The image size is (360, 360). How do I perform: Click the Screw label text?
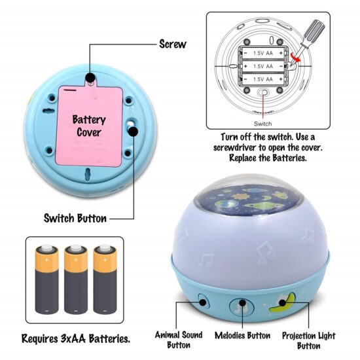point(173,44)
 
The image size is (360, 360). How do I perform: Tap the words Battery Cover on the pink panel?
point(89,126)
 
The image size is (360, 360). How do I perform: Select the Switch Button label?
point(75,218)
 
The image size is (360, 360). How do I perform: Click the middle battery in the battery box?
point(75,279)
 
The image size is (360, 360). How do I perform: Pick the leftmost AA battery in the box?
point(46,279)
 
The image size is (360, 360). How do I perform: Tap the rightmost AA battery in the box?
point(105,279)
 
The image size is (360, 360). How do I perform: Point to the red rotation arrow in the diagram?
point(295,58)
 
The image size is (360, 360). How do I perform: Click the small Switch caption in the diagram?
point(262,124)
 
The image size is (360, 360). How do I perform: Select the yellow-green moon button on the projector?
point(283,302)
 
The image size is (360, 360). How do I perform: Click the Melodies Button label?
point(242,335)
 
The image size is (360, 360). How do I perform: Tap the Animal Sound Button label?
point(179,340)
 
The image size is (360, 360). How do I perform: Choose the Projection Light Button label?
point(308,341)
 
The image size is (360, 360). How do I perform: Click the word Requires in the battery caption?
point(39,338)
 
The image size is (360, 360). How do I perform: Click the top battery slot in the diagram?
point(263,53)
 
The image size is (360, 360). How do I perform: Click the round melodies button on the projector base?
point(242,306)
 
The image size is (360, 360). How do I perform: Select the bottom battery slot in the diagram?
point(263,79)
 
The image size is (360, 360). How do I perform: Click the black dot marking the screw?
point(90,77)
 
